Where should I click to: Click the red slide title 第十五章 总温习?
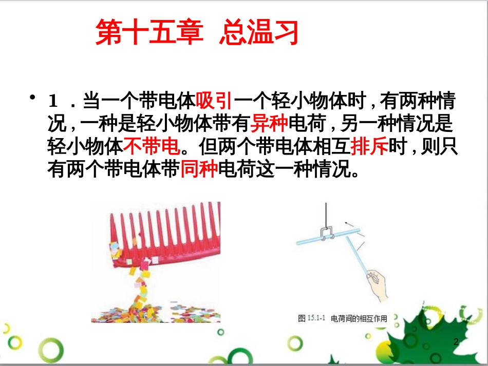click(197, 33)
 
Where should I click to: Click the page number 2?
click(456, 342)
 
